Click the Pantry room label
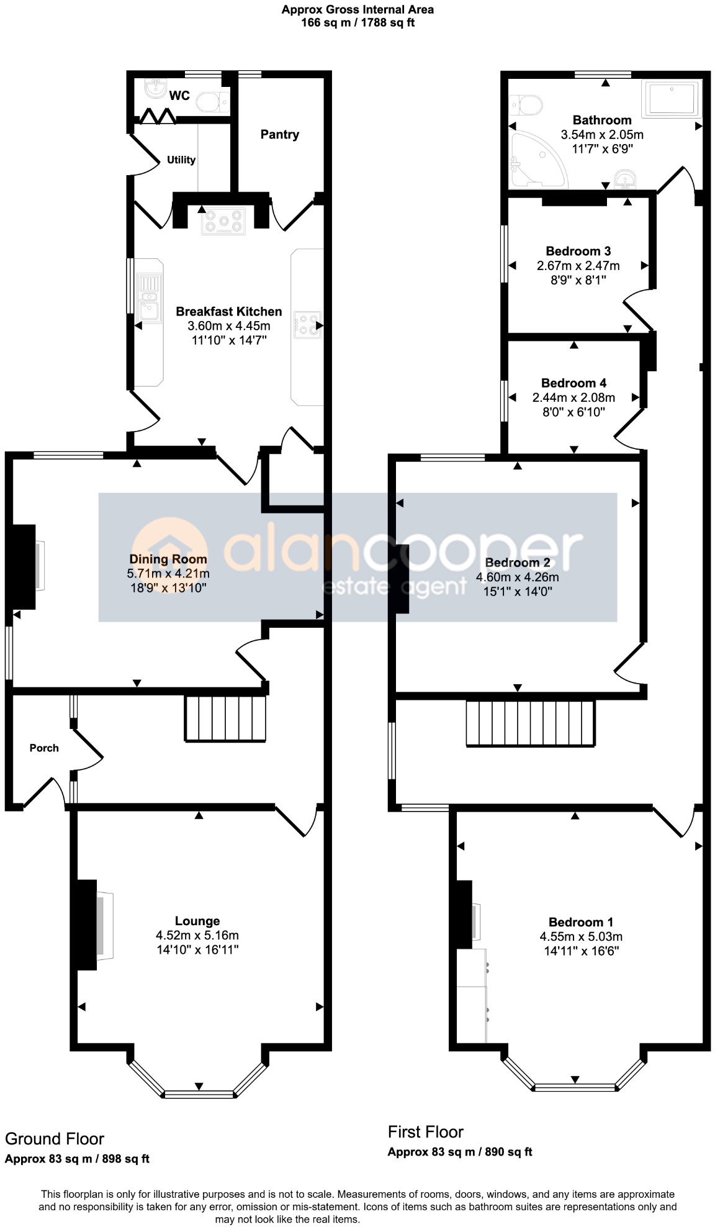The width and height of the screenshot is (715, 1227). tap(279, 135)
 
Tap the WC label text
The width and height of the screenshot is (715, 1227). tap(179, 96)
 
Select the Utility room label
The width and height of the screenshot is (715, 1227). tap(181, 160)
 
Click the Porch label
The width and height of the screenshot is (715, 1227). tap(44, 748)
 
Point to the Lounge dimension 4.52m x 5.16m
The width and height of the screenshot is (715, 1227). tap(197, 935)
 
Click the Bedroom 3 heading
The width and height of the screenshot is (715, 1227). tap(578, 251)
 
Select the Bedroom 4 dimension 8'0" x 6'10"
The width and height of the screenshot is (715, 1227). tap(573, 412)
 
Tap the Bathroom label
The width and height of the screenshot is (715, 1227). tap(601, 120)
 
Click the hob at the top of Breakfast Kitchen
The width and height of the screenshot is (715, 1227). tap(223, 222)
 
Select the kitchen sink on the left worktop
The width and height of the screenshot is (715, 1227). tap(149, 299)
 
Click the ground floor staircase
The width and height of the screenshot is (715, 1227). tap(225, 718)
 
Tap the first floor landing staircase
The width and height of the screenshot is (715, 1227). tap(531, 723)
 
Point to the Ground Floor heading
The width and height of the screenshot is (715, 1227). tap(55, 1139)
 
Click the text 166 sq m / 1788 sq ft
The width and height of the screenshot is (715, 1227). tap(357, 23)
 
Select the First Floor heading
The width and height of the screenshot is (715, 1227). tap(426, 1131)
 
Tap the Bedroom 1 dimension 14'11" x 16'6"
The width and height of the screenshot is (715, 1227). tap(581, 951)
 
